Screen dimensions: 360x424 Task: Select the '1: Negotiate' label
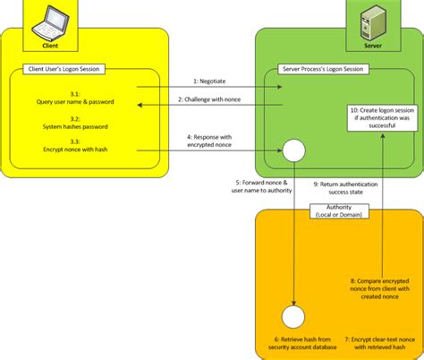(208, 81)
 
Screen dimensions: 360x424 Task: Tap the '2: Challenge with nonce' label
(208, 99)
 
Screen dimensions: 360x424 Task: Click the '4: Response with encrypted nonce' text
(208, 141)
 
